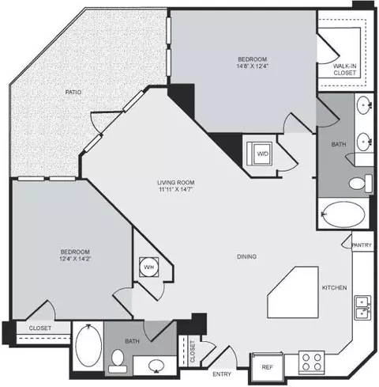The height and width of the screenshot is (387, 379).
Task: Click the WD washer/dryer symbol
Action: click(x=260, y=154)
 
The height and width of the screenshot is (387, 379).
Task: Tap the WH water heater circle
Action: click(x=149, y=267)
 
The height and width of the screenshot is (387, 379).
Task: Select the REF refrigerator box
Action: click(x=268, y=367)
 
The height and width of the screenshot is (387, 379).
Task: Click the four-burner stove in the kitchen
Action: click(x=311, y=362)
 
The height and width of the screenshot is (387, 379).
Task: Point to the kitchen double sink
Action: click(x=363, y=308)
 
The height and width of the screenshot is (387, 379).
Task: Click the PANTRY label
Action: click(x=362, y=245)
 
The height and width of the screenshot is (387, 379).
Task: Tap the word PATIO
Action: click(x=73, y=92)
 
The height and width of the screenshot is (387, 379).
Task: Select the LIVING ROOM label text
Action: click(x=176, y=182)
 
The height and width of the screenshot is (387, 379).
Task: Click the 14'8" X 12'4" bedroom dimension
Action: click(x=253, y=66)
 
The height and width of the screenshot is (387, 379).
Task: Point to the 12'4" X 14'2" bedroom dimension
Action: click(x=75, y=259)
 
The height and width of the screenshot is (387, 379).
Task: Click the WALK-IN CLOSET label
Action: click(x=345, y=70)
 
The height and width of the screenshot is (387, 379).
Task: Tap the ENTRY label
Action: click(x=222, y=374)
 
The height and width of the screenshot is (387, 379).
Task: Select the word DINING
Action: click(x=246, y=256)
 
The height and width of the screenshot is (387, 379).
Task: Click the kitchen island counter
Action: click(x=293, y=292)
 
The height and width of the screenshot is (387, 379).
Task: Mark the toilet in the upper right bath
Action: click(x=361, y=183)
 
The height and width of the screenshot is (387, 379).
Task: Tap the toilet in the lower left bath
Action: click(x=118, y=361)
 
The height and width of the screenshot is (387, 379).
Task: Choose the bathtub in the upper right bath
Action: click(x=343, y=214)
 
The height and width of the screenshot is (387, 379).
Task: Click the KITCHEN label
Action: click(x=335, y=287)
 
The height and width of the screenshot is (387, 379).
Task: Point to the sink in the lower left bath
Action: click(x=156, y=366)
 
